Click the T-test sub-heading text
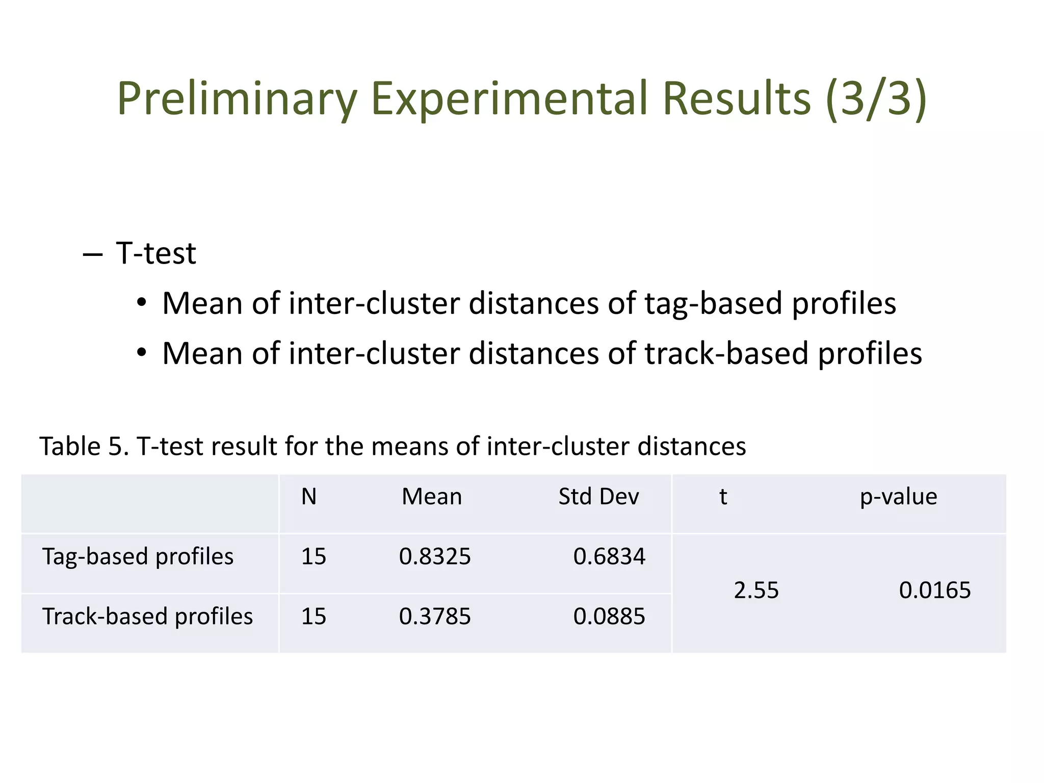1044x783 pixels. pyautogui.click(x=155, y=253)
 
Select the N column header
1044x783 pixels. pyautogui.click(x=309, y=497)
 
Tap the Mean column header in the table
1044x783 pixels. pyautogui.click(x=432, y=497)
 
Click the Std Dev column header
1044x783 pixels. pyautogui.click(x=598, y=497)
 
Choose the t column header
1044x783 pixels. pyautogui.click(x=723, y=497)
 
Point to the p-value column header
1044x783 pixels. pyautogui.click(x=898, y=497)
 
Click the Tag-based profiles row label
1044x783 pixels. pyautogui.click(x=138, y=556)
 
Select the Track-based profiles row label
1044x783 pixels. pyautogui.click(x=147, y=616)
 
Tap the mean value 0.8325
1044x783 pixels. pyautogui.click(x=435, y=556)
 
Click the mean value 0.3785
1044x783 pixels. pyautogui.click(x=435, y=616)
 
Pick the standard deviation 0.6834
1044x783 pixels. pyautogui.click(x=609, y=556)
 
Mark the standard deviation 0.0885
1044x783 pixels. pyautogui.click(x=609, y=616)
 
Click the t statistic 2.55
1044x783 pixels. pyautogui.click(x=756, y=590)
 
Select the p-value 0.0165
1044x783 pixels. pyautogui.click(x=934, y=590)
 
